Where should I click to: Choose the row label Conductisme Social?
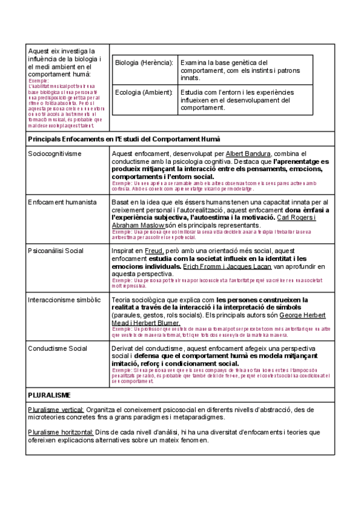click(x=58, y=349)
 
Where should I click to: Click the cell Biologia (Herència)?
click(x=144, y=63)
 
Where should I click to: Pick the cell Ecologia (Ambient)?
click(x=144, y=92)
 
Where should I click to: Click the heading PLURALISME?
click(x=50, y=395)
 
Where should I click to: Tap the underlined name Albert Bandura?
click(x=249, y=154)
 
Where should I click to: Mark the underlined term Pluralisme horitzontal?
click(x=60, y=432)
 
